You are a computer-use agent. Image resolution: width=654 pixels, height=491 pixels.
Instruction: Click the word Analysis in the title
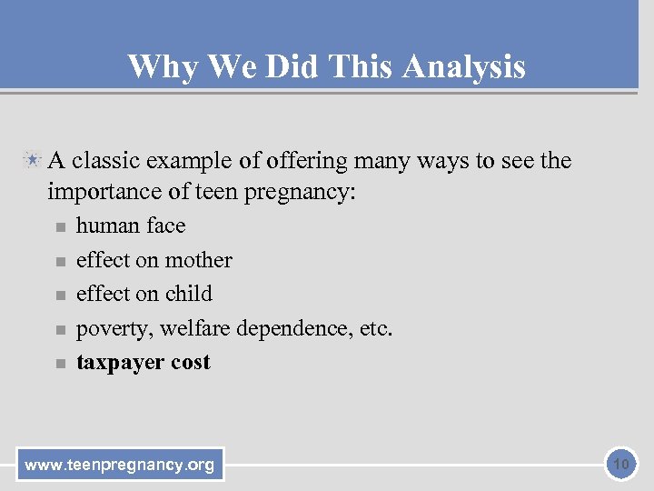click(463, 66)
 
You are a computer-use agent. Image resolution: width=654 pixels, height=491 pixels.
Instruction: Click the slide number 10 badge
click(621, 465)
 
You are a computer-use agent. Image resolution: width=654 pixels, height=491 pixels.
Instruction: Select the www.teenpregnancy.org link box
click(120, 466)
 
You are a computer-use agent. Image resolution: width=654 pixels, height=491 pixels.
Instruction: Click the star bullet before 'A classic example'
click(33, 161)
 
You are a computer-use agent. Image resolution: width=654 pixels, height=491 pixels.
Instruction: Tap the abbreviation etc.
click(376, 327)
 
